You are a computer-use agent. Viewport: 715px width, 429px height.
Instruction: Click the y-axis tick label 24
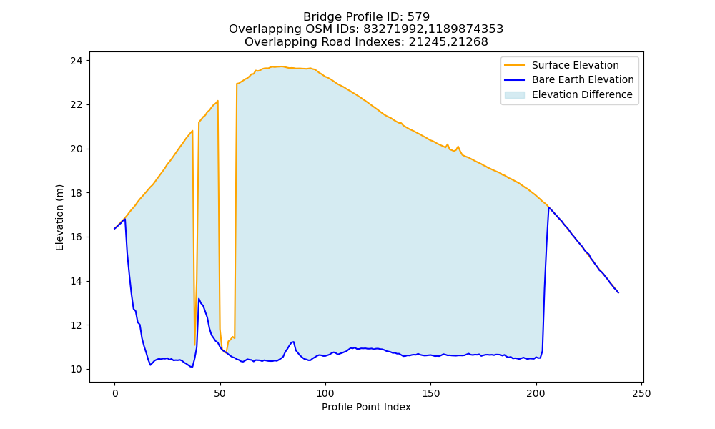tap(77, 61)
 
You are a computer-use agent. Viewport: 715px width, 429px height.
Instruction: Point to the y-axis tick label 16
tap(77, 237)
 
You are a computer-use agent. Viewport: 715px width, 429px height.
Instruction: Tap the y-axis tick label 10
tap(77, 369)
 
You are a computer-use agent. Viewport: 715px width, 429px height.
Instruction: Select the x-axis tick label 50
tap(220, 393)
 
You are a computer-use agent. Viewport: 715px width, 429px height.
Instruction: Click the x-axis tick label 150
tap(431, 393)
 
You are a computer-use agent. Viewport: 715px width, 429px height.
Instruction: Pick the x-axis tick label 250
tap(641, 393)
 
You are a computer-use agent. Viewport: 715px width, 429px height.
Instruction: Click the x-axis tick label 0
tap(115, 393)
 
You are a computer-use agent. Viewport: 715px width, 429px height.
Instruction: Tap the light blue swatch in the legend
tap(514, 95)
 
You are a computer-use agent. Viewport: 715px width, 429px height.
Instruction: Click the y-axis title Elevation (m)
tap(60, 217)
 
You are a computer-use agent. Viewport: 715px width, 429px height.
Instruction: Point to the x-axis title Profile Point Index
tap(366, 407)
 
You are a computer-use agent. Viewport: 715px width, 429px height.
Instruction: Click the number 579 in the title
tap(418, 17)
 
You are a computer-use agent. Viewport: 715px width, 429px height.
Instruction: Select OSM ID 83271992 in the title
tap(395, 29)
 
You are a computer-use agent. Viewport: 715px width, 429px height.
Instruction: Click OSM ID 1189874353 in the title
tap(467, 29)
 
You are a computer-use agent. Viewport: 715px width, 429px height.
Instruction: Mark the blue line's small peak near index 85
tap(292, 342)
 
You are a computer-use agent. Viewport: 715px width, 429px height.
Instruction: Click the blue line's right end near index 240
tap(618, 292)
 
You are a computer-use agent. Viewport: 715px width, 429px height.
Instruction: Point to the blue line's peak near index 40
tap(199, 299)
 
